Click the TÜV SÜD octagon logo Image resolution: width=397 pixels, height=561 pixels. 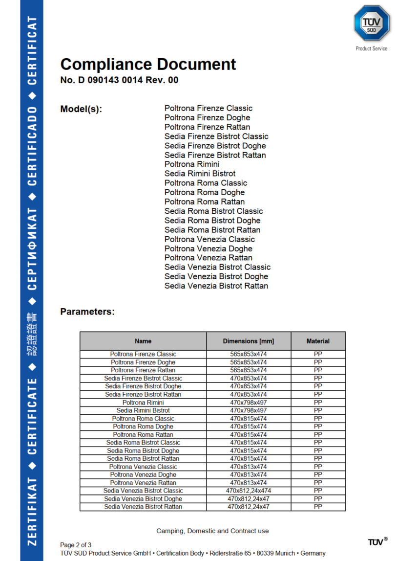372,23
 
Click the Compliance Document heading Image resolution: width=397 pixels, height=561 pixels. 148,64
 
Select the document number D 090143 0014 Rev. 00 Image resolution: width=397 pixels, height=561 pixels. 119,80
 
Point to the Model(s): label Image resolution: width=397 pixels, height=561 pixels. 81,109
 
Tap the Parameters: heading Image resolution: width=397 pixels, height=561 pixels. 87,312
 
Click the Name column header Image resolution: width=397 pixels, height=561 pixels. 143,341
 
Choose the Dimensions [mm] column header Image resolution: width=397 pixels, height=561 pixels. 249,341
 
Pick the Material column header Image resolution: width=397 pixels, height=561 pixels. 318,341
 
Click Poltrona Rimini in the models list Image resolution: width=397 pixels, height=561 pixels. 192,164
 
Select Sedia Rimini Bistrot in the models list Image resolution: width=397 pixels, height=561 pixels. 200,174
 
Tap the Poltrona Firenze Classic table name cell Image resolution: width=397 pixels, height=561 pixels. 143,354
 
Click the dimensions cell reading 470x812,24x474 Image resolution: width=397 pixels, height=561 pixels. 249,491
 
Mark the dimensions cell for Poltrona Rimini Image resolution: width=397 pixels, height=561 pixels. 249,403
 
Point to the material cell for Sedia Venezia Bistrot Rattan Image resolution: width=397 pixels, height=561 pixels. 318,507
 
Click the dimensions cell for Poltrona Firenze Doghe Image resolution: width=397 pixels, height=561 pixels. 249,362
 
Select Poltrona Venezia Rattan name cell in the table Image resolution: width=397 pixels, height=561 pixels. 143,483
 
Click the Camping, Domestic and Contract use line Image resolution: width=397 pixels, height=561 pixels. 212,531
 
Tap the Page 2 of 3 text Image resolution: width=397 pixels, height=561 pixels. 76,545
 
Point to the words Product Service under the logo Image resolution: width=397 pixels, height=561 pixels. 372,48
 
